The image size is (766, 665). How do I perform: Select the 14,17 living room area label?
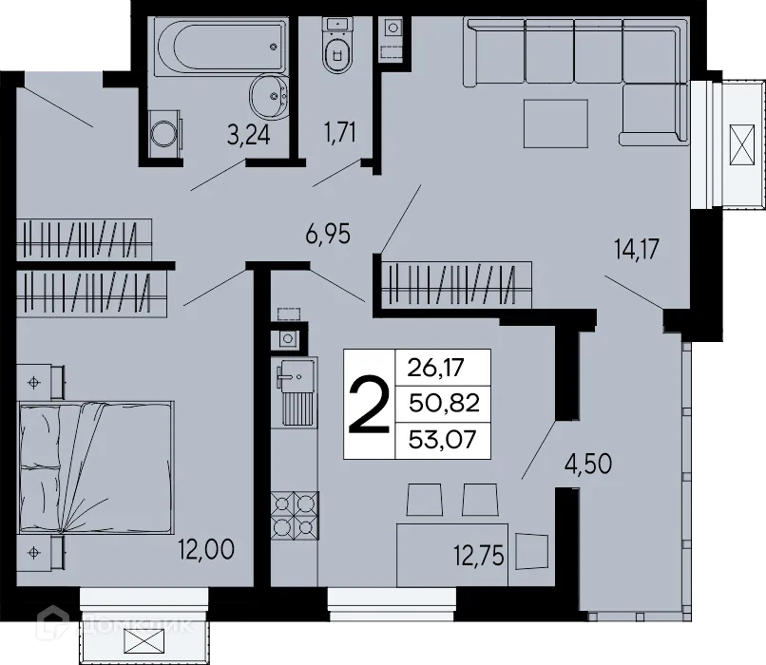(x=636, y=252)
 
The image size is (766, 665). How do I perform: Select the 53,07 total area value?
(x=443, y=439)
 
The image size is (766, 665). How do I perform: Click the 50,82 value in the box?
(x=443, y=403)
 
